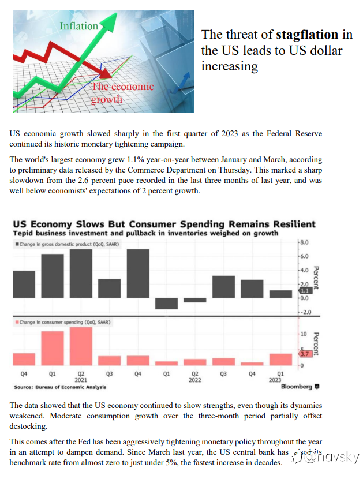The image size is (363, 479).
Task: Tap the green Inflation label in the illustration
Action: tap(79, 25)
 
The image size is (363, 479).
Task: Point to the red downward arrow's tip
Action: tap(107, 73)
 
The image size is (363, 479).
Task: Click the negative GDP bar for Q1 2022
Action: tap(166, 303)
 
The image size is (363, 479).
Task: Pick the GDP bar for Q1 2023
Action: tap(281, 294)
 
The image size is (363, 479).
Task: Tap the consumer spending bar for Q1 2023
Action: tap(281, 359)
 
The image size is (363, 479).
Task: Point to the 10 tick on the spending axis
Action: tap(303, 334)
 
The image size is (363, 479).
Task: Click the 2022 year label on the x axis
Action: tap(194, 380)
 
